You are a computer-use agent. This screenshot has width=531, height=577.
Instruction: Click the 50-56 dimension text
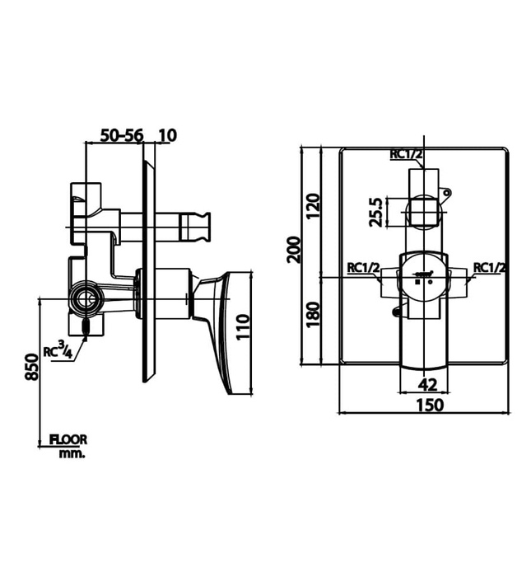point(121,135)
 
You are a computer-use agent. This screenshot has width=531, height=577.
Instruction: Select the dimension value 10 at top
point(168,135)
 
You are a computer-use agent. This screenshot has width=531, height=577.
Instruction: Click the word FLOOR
point(68,440)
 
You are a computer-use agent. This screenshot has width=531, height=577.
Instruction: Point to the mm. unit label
point(72,453)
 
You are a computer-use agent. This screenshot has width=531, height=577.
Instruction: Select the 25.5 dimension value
point(375,211)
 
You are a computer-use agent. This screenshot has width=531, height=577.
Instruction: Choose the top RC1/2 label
point(407,154)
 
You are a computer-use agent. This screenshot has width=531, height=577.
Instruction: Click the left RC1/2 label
point(363,267)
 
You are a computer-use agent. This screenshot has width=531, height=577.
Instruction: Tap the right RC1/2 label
point(490,267)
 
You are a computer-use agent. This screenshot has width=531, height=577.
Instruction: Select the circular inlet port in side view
point(84,298)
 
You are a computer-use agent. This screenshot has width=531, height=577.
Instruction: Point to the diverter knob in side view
point(198,223)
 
